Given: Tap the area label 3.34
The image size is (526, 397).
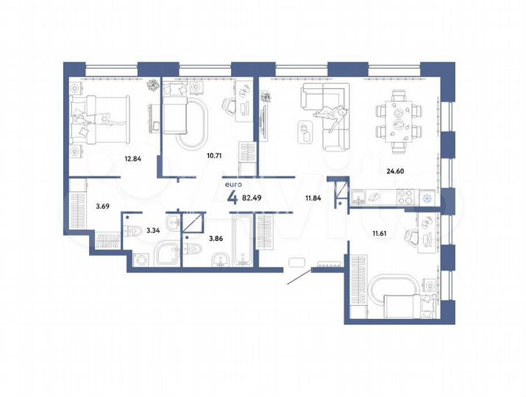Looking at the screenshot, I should [x=154, y=231].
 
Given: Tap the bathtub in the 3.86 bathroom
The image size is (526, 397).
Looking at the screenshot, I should [x=242, y=239].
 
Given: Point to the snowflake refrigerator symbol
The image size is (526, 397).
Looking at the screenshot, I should [x=425, y=197].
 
